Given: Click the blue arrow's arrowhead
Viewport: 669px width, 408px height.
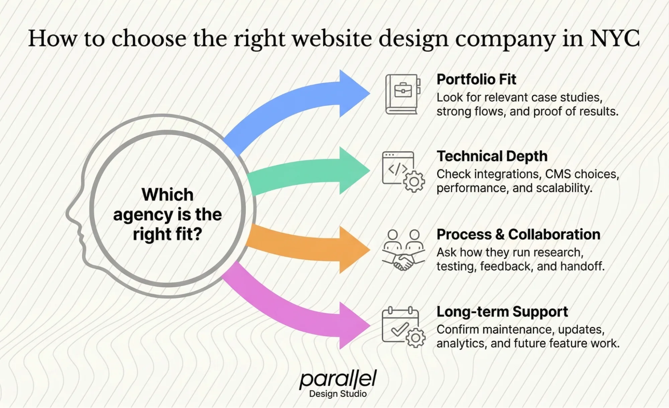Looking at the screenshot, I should tap(353, 93).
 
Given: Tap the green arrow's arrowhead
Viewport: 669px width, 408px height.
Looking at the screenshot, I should tap(353, 171).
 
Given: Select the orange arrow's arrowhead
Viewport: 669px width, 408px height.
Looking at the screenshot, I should tap(353, 250).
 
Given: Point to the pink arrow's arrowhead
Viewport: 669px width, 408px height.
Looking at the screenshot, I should tap(353, 325).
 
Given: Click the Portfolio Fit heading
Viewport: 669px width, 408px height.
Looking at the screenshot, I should tap(476, 79).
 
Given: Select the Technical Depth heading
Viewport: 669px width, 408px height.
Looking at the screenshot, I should tap(492, 156).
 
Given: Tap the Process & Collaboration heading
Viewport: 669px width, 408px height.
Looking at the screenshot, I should tap(518, 234).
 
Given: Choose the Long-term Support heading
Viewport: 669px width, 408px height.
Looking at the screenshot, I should tap(502, 312).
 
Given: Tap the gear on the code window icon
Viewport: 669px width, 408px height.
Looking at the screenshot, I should tap(414, 182).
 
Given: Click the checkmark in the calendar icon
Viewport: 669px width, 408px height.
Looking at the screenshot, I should tap(400, 329).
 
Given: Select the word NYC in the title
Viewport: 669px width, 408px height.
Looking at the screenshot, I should tap(614, 38).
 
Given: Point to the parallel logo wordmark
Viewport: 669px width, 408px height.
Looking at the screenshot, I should tap(338, 379).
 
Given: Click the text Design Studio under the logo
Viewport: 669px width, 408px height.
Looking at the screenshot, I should tap(338, 394).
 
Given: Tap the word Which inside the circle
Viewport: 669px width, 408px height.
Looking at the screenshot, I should tap(167, 194).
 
